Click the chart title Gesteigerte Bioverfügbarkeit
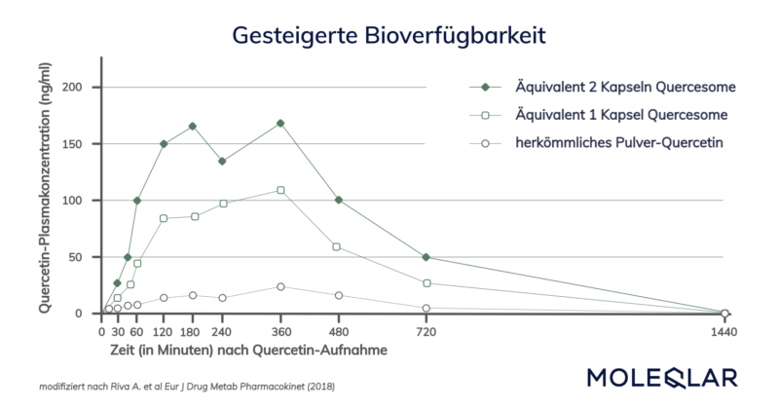click(389, 35)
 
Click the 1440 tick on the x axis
click(723, 331)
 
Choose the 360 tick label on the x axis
click(280, 331)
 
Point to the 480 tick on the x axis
click(338, 331)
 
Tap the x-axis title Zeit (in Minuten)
click(244, 349)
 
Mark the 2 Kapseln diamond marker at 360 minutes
click(280, 123)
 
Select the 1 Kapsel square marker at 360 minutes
click(280, 190)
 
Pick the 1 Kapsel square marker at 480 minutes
click(337, 246)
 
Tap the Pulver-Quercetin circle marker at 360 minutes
click(280, 286)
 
